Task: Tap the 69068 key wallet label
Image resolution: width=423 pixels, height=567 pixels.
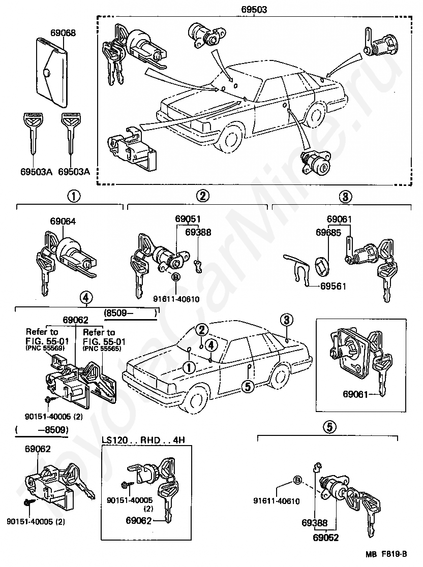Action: (x=63, y=33)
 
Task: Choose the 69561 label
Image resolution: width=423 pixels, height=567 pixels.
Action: (x=333, y=287)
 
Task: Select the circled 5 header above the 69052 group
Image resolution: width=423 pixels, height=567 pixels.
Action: (x=329, y=427)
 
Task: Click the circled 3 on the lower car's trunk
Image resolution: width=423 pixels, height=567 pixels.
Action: (x=286, y=320)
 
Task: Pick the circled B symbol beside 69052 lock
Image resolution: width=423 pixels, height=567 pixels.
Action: (x=297, y=481)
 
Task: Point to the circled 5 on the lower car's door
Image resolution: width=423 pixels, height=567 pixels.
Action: (x=247, y=386)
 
